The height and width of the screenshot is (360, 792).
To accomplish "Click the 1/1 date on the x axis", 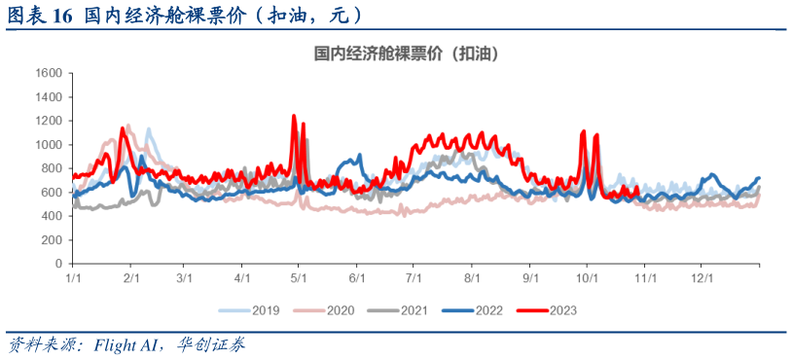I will click(72, 278).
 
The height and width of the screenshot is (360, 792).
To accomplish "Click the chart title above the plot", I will click(407, 54).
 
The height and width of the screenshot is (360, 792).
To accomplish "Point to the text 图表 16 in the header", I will click(40, 15).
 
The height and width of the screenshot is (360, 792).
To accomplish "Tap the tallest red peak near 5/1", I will click(294, 116).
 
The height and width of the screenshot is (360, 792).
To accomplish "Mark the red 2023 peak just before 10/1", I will click(583, 131).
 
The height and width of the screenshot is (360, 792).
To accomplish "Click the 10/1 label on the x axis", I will click(587, 278).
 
